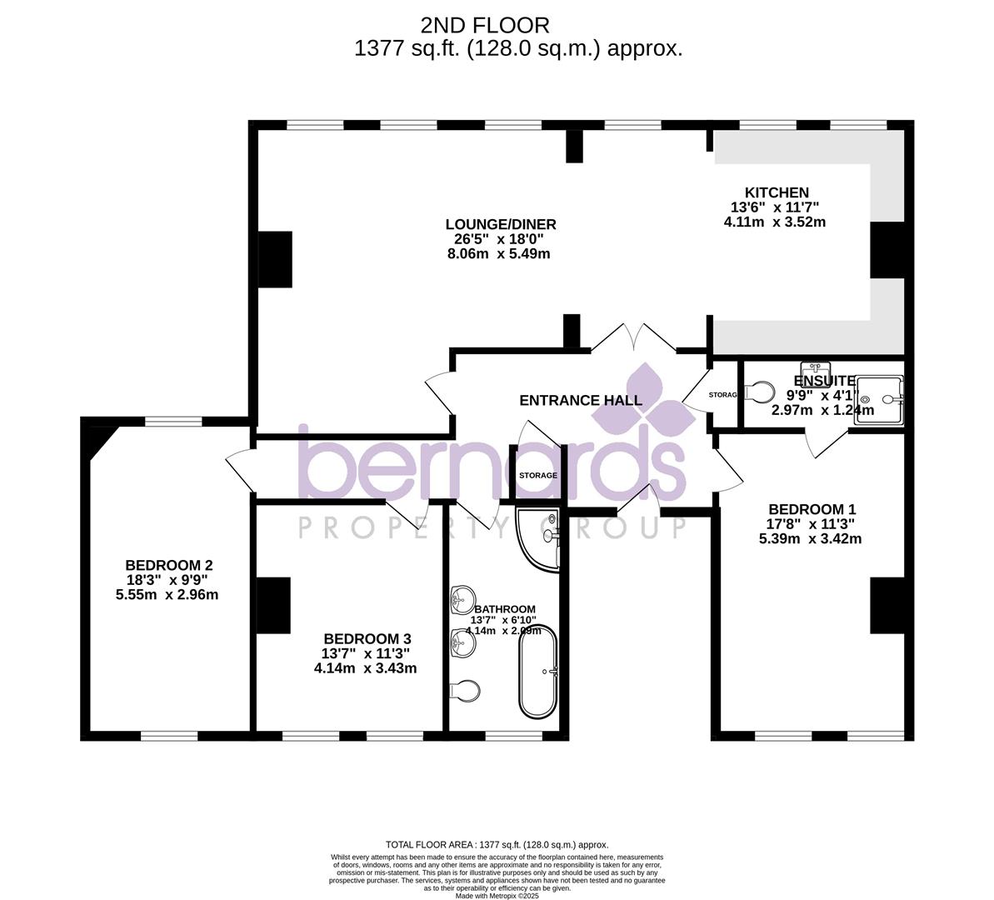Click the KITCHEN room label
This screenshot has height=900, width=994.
[x=776, y=192]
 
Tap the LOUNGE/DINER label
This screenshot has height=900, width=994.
[x=500, y=224]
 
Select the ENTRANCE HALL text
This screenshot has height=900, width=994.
[x=581, y=401]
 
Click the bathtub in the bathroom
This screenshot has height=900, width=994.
[x=538, y=672]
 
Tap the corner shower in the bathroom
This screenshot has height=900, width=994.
[x=537, y=537]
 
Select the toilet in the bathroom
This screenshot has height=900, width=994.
[x=464, y=691]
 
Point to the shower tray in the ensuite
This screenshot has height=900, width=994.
[x=878, y=400]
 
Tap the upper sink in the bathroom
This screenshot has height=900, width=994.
[x=460, y=599]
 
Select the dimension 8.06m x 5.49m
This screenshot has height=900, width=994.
[x=499, y=253]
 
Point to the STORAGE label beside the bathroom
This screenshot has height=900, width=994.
[x=538, y=475]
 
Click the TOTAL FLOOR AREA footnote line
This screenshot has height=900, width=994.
[x=497, y=844]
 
